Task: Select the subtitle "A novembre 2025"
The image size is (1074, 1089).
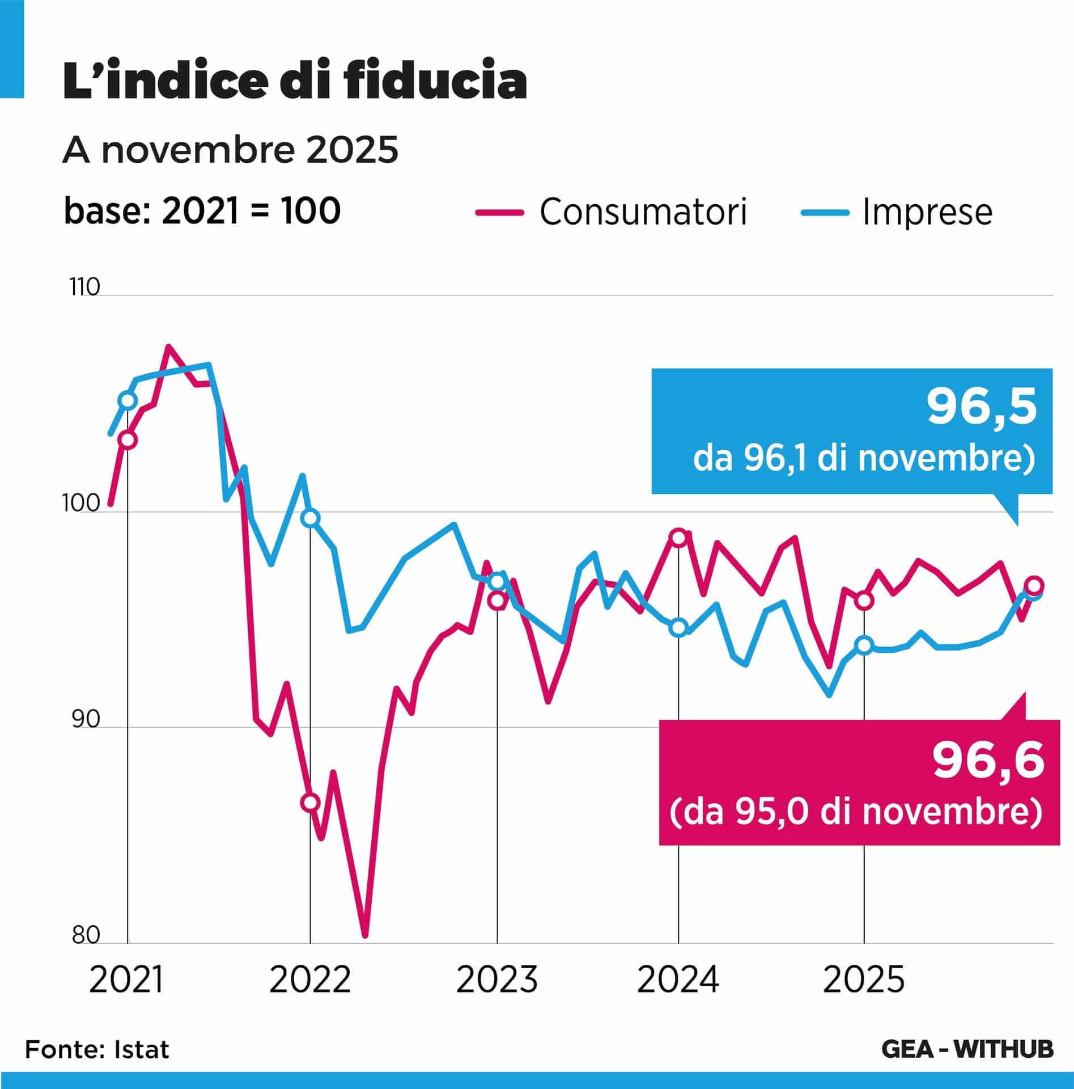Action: [x=230, y=151]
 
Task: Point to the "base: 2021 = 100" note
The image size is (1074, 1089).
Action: [x=202, y=211]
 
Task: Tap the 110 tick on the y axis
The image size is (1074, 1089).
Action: [x=84, y=287]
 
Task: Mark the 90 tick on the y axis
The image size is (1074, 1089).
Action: [x=86, y=719]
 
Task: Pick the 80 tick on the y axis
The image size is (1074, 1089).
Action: [x=86, y=935]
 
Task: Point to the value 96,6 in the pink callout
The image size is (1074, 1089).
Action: [x=988, y=761]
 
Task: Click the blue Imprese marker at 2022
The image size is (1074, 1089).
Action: [x=310, y=518]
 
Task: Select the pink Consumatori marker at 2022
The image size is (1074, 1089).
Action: [x=310, y=802]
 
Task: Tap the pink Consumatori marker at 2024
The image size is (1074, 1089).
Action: [x=678, y=537]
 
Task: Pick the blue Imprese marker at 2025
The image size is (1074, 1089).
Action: [x=864, y=645]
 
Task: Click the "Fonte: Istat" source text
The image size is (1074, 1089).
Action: [x=97, y=1049]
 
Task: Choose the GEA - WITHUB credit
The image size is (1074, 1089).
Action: [x=967, y=1049]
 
